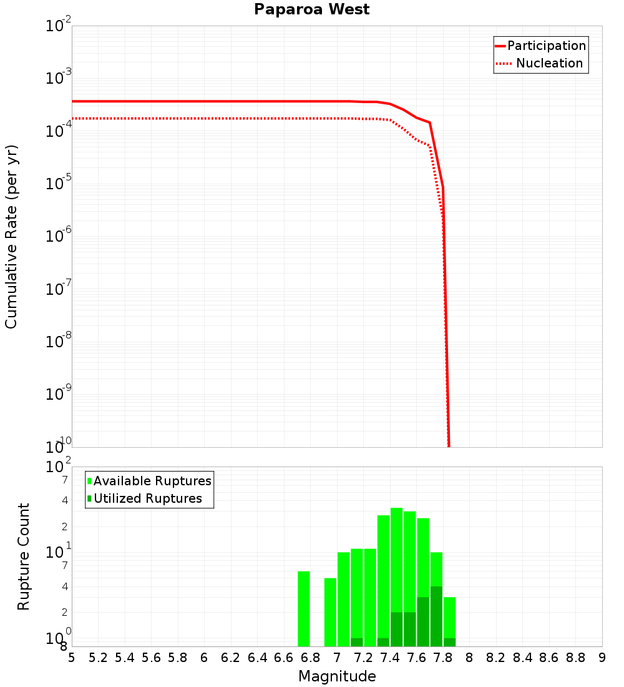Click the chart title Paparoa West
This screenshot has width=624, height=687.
click(311, 10)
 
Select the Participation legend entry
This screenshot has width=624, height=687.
click(546, 46)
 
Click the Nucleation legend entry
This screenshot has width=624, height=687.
click(549, 63)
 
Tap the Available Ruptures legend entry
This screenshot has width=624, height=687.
click(152, 481)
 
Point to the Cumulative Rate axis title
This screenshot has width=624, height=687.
click(11, 237)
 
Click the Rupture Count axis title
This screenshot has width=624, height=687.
click(24, 556)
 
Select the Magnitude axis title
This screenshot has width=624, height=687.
click(337, 676)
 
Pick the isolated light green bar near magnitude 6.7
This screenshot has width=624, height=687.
click(304, 609)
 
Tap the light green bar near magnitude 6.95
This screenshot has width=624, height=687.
click(330, 612)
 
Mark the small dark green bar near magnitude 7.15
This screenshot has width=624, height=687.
click(357, 642)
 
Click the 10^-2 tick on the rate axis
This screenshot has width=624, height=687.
click(60, 26)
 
